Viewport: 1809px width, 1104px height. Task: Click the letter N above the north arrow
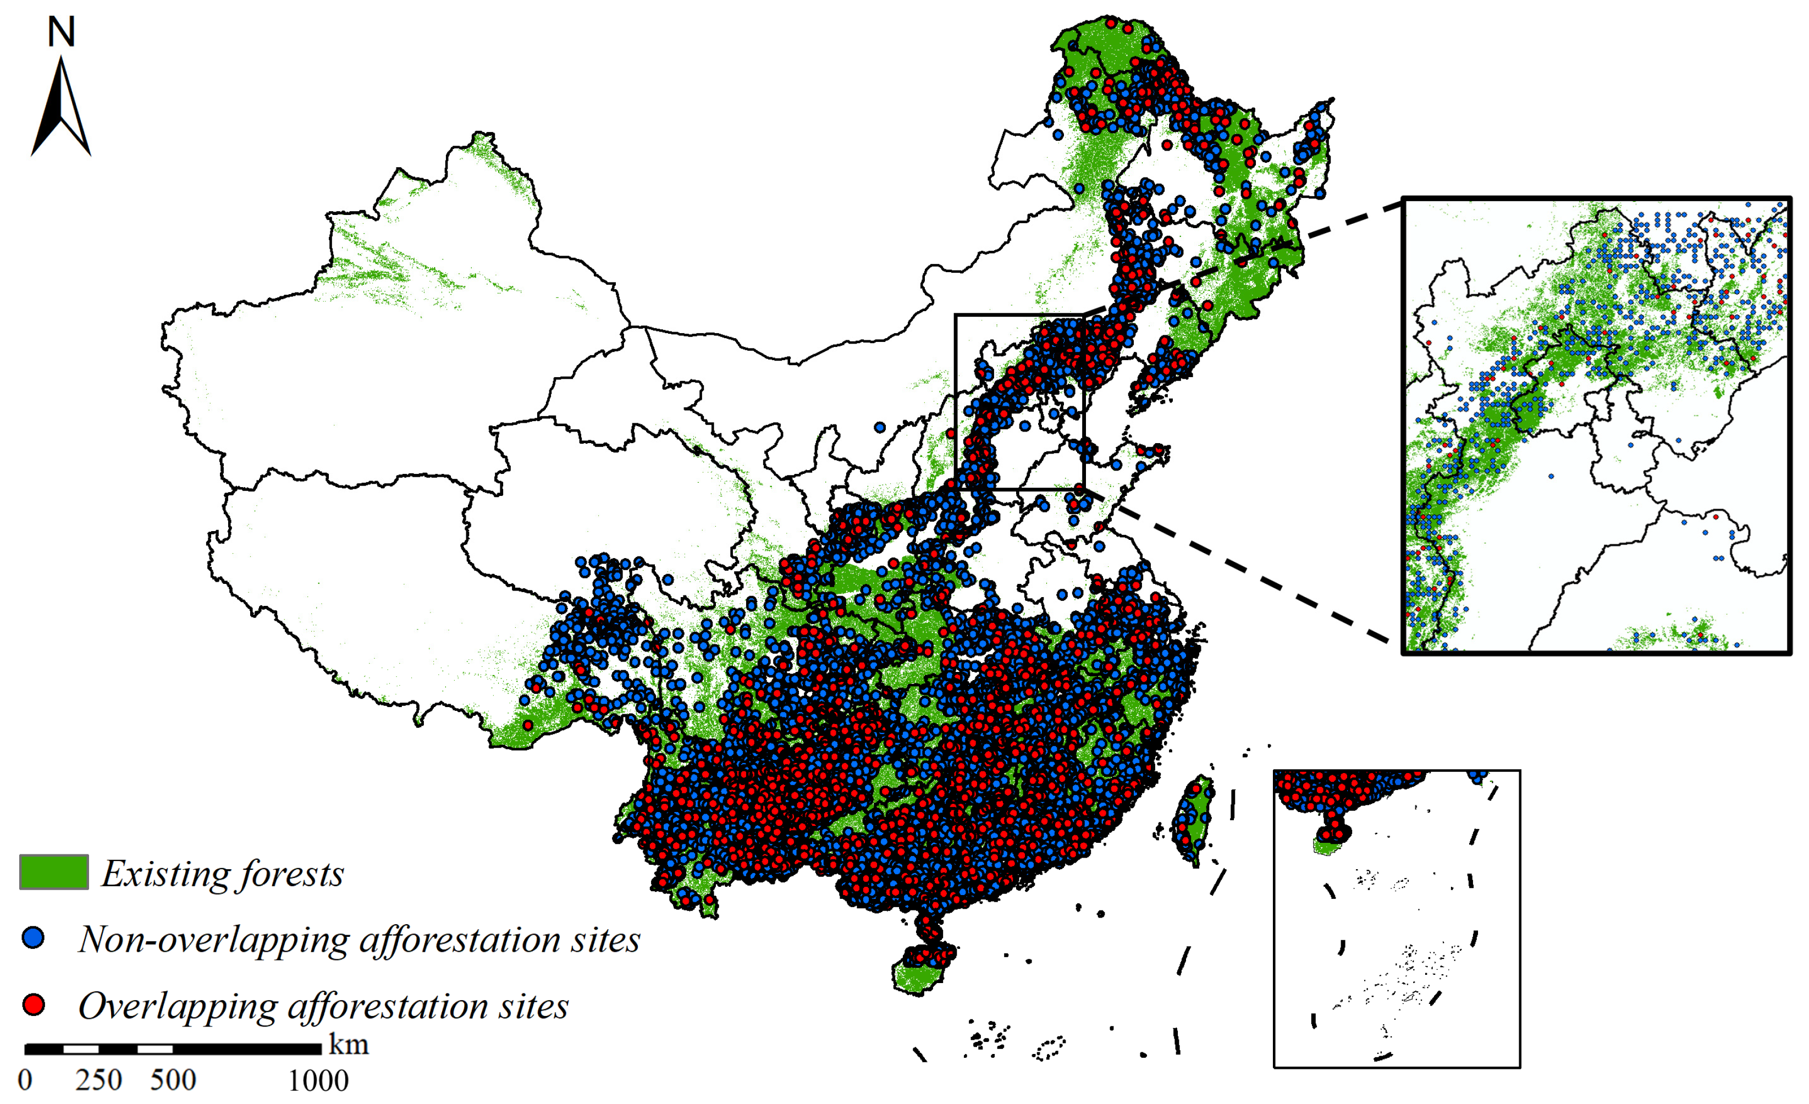pyautogui.click(x=62, y=33)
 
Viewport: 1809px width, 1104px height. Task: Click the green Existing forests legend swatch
pyautogui.click(x=53, y=872)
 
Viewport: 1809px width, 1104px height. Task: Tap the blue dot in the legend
pyautogui.click(x=34, y=937)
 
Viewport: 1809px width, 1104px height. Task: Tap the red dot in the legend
pyautogui.click(x=34, y=1004)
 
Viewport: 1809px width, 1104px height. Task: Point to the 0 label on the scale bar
pyautogui.click(x=25, y=1080)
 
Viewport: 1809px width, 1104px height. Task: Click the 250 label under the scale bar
pyautogui.click(x=98, y=1080)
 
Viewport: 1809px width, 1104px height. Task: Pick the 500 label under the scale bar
pyautogui.click(x=173, y=1080)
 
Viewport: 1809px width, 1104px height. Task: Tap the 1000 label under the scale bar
pyautogui.click(x=318, y=1080)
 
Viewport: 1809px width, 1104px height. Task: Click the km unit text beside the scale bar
pyautogui.click(x=349, y=1045)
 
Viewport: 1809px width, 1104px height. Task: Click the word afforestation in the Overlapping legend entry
pyautogui.click(x=387, y=1006)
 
